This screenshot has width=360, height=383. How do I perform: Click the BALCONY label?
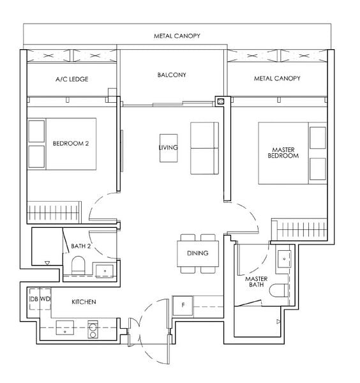pos(171,75)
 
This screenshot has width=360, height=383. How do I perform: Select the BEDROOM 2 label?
pos(70,144)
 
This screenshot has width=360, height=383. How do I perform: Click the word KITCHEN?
pos(84,301)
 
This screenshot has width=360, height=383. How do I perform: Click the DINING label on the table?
pos(197,253)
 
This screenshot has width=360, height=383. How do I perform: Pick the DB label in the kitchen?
pos(33,299)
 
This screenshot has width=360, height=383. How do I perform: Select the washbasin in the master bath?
pos(283,259)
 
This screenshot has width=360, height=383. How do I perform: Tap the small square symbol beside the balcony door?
pos(220,101)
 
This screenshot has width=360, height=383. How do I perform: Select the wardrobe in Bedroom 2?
pos(54,211)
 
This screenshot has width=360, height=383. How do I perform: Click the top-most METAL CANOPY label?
pos(177,36)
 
